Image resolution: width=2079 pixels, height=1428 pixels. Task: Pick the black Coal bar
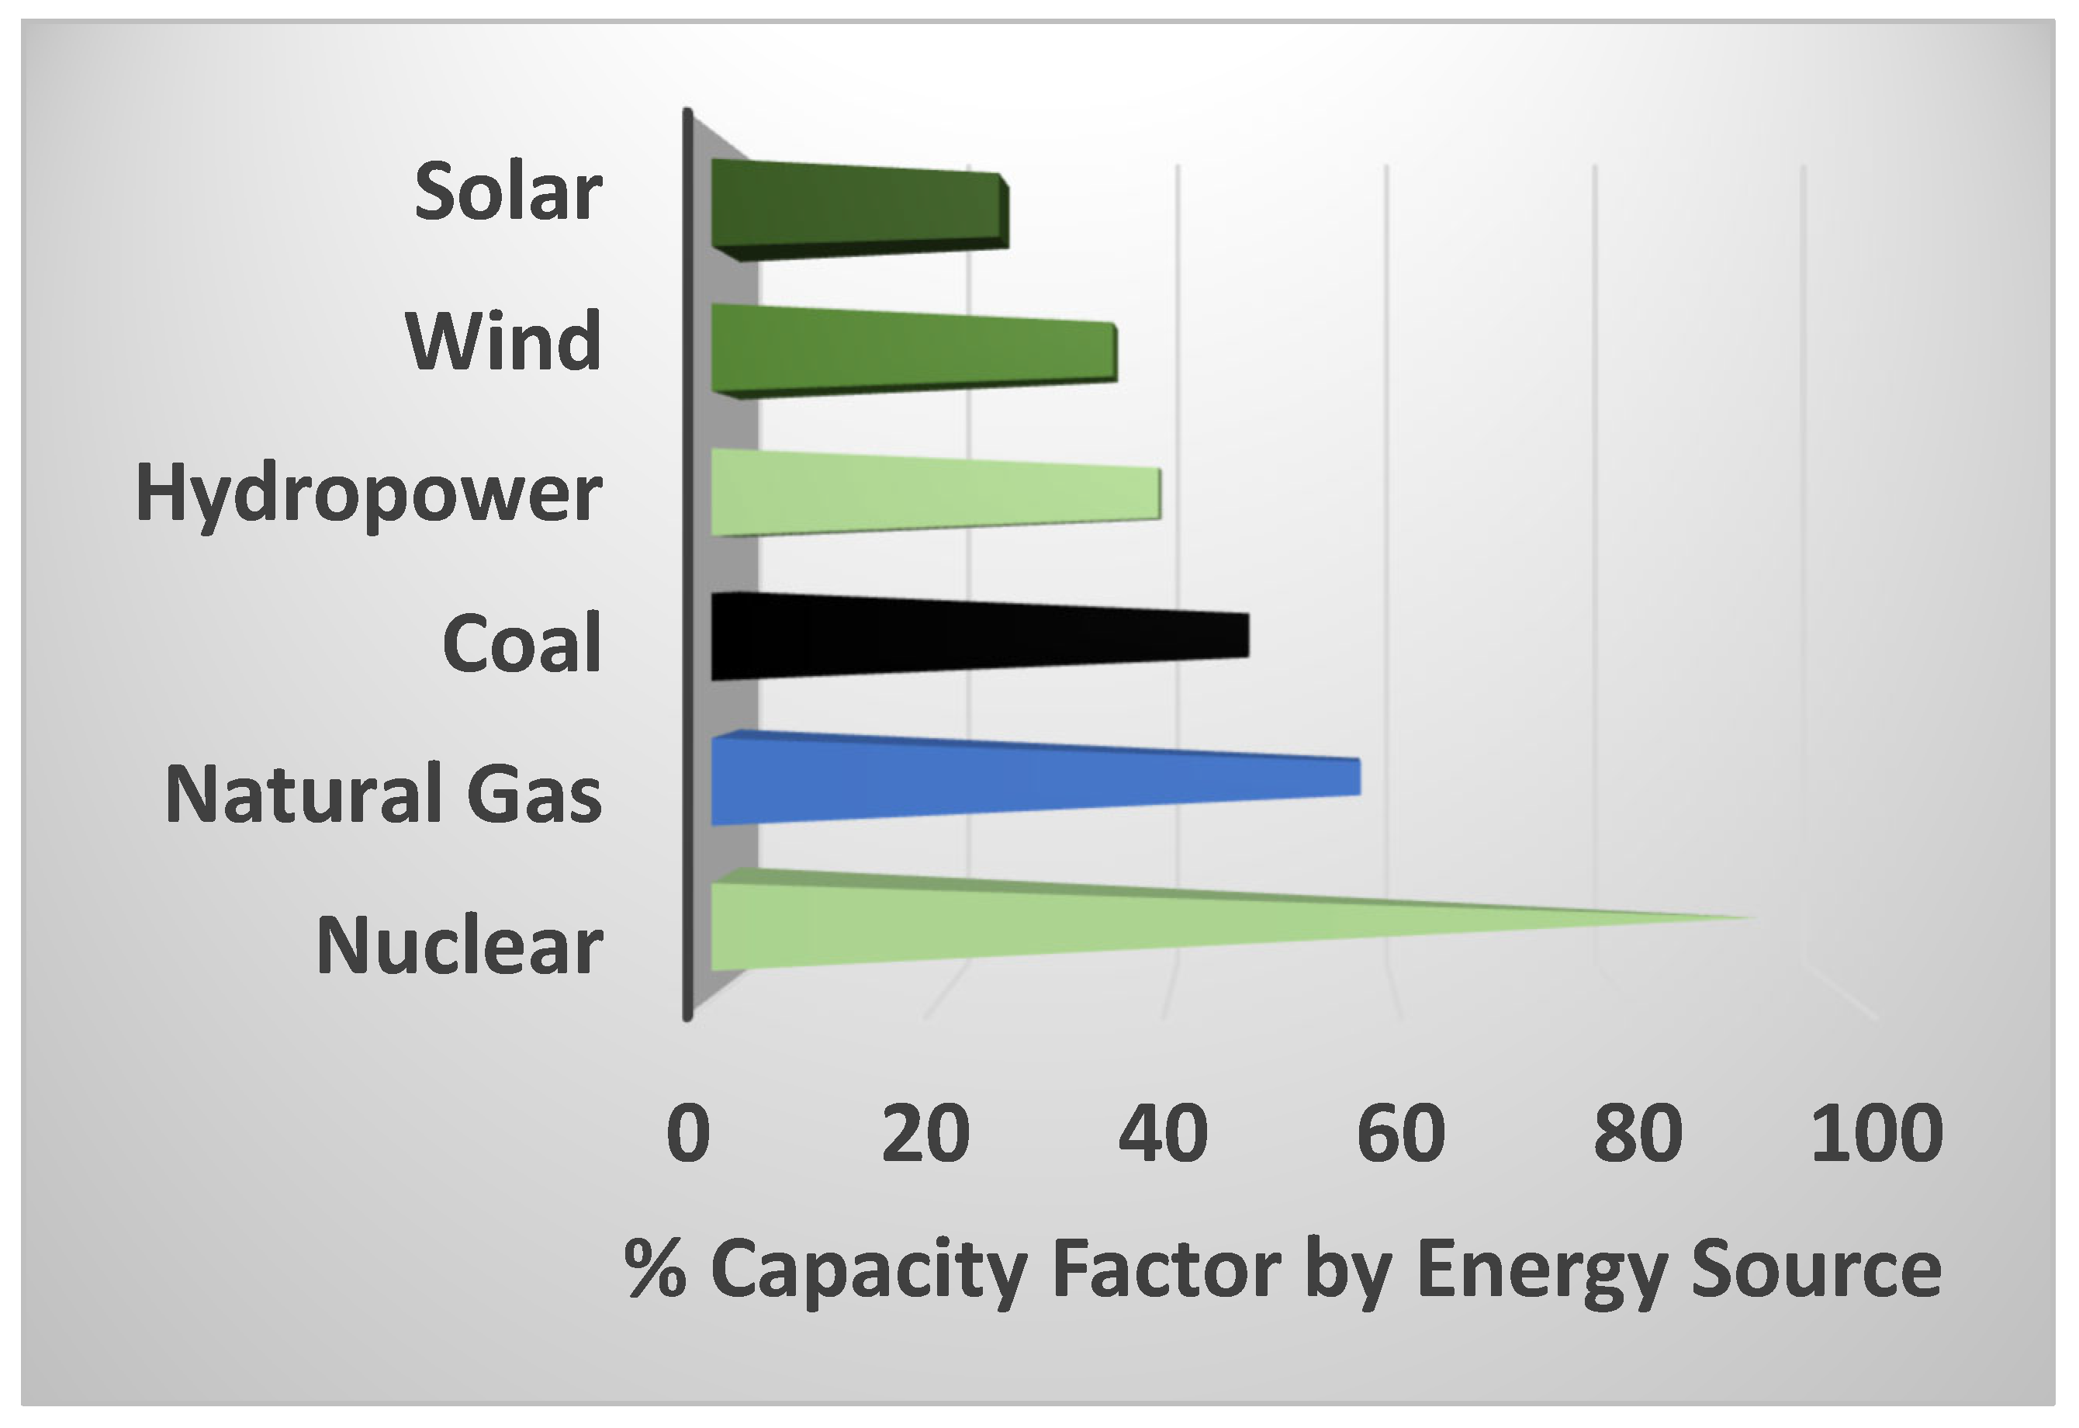(x=975, y=637)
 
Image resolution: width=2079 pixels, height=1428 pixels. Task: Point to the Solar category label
(x=508, y=192)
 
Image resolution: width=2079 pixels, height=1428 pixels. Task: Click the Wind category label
(x=503, y=343)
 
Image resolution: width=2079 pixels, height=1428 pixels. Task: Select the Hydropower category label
(x=368, y=495)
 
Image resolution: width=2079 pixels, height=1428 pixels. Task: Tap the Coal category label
(x=521, y=644)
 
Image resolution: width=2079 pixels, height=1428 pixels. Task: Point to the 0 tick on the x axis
(x=688, y=1134)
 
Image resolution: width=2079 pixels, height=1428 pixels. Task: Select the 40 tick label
(x=1163, y=1134)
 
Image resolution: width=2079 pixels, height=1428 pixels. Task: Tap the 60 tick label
(x=1401, y=1134)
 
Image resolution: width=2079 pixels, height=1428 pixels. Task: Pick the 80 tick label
(x=1638, y=1134)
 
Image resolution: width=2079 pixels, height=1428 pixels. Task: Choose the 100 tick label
(x=1877, y=1134)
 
